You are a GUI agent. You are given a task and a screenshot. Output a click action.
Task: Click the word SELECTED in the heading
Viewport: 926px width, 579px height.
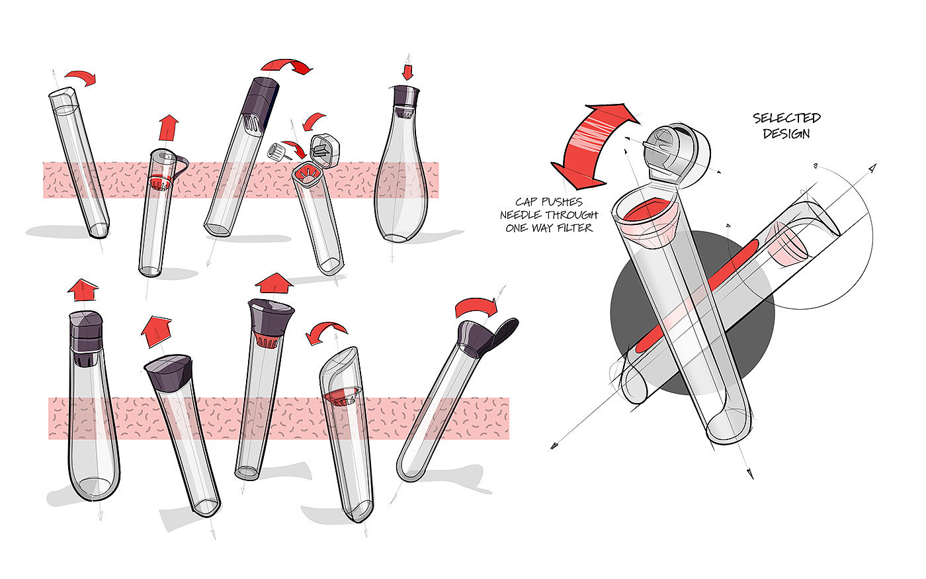click(786, 118)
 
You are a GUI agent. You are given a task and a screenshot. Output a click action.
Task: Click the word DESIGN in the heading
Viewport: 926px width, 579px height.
click(786, 134)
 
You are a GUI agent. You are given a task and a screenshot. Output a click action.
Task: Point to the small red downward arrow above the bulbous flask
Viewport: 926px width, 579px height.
click(407, 72)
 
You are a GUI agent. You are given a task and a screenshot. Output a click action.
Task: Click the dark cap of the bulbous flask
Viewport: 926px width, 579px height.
click(405, 97)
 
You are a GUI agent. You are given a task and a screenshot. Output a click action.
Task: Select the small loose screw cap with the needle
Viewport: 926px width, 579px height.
click(277, 152)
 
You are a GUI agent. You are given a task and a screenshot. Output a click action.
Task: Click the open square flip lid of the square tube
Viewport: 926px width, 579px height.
click(325, 151)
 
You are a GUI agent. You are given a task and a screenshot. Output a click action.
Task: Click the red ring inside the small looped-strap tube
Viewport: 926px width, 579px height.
click(159, 183)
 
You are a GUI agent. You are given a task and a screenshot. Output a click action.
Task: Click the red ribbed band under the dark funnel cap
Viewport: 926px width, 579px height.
click(267, 339)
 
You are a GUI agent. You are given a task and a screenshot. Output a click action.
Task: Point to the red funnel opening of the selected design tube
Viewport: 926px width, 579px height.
click(649, 215)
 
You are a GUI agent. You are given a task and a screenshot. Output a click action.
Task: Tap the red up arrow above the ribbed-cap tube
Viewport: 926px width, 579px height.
click(83, 290)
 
